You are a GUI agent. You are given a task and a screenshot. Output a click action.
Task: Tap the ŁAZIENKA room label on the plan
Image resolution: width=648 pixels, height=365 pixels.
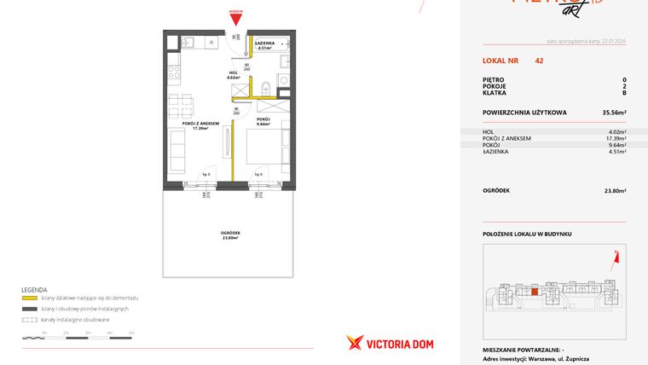264,44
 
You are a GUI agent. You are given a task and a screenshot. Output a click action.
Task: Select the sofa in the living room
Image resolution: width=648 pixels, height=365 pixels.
177,153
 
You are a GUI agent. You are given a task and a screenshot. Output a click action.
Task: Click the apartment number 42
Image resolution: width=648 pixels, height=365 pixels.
539,61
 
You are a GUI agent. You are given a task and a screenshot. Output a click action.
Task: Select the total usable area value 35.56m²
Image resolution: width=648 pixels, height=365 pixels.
614,112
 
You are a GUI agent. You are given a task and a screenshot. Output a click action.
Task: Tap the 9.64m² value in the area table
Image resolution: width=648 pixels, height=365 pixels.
616,144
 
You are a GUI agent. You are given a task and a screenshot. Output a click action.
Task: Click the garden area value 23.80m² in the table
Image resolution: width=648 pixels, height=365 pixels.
615,191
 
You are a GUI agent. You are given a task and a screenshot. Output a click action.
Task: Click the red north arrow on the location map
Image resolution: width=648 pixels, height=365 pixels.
615,253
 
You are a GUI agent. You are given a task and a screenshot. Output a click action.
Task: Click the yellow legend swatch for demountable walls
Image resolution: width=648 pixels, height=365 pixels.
31,298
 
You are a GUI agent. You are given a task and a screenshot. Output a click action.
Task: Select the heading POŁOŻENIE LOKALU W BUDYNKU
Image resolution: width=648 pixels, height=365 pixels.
526,233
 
